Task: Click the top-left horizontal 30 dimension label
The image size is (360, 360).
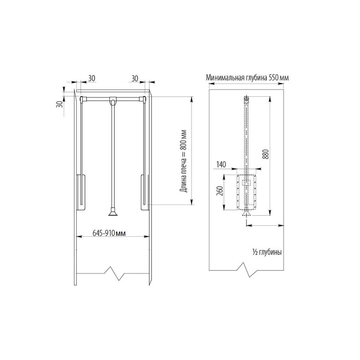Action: click(x=92, y=78)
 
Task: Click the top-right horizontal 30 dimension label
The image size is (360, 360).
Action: click(x=135, y=78)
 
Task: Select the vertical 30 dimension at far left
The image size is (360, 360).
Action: click(x=59, y=104)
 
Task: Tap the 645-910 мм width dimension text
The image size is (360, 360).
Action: click(x=109, y=233)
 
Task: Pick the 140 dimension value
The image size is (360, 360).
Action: click(x=221, y=164)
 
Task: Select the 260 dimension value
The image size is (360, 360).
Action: click(x=220, y=191)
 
